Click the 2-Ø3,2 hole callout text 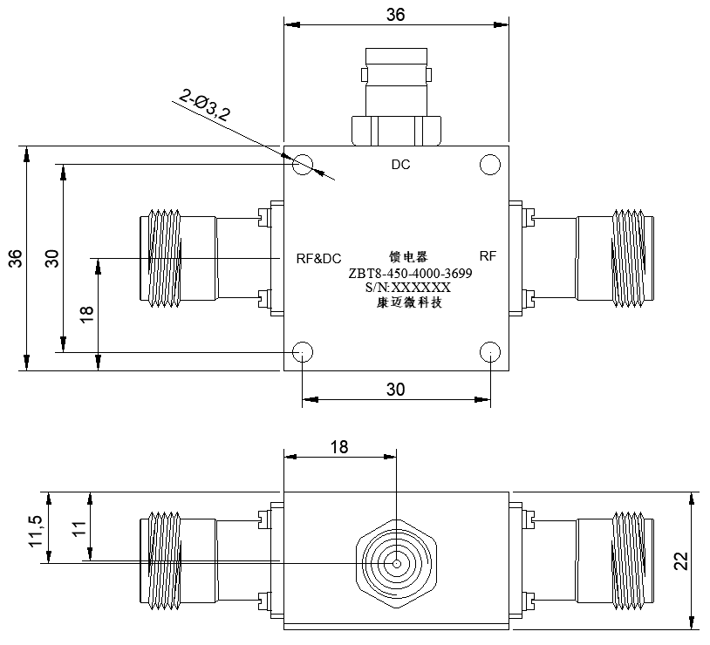205,105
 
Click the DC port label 400,165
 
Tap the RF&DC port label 318,259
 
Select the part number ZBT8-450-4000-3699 410,274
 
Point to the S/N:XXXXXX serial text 408,288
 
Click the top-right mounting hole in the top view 490,165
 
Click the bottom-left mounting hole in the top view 303,351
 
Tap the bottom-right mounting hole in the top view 490,351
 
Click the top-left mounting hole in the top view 303,165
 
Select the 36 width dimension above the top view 395,15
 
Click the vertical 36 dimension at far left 16,259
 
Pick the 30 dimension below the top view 395,390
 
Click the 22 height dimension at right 681,560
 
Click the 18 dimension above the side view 339,447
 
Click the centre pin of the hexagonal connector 397,564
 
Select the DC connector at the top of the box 397,97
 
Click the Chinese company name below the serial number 409,302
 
